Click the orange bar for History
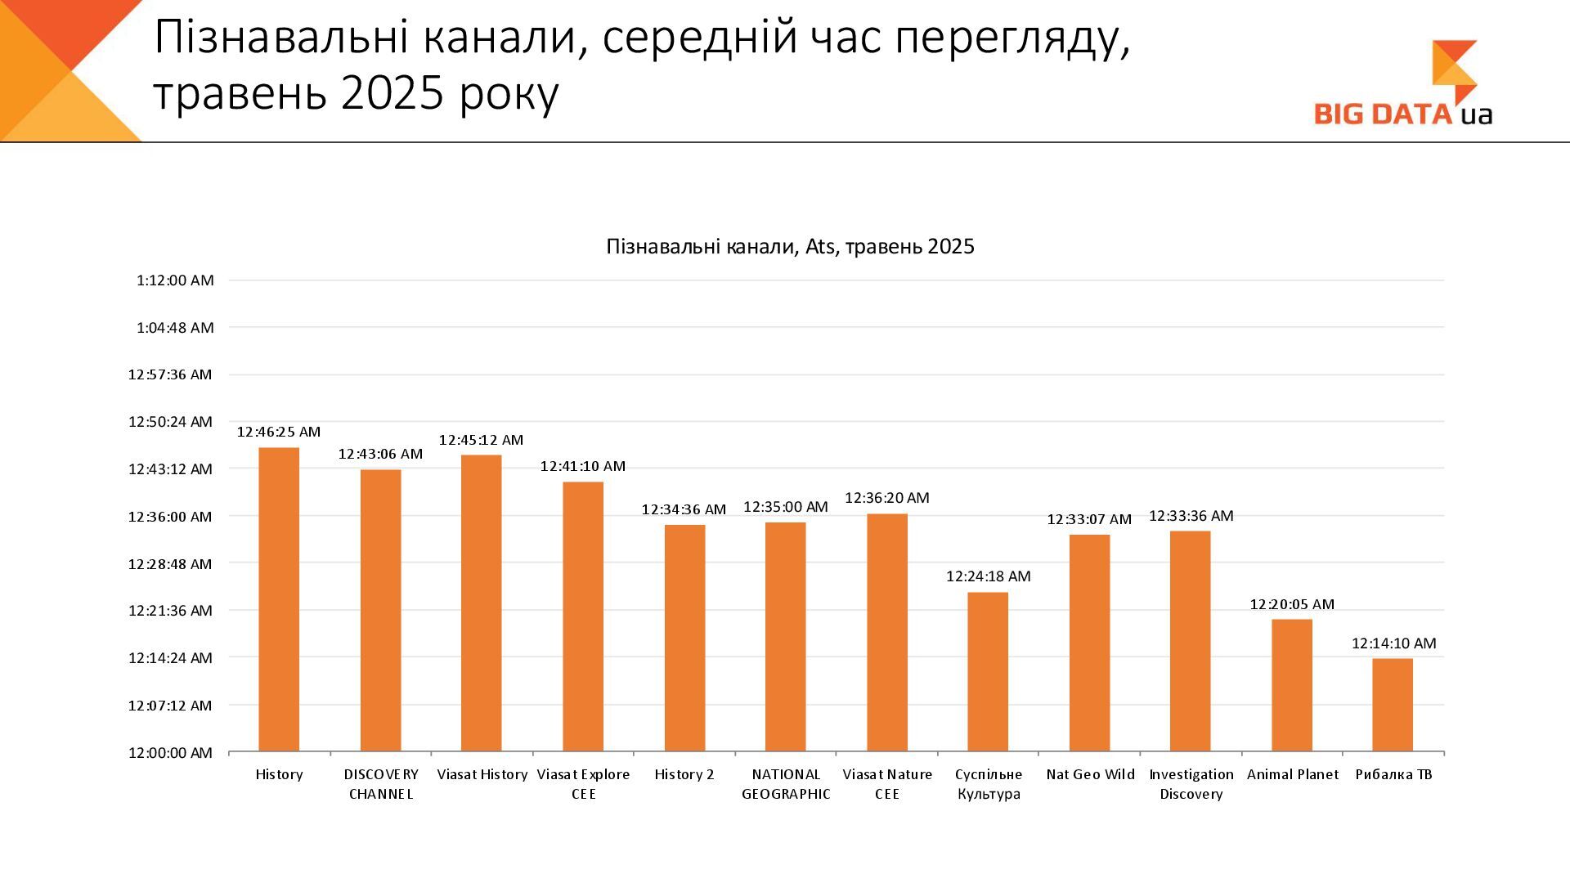(x=279, y=599)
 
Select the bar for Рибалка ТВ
(x=1393, y=705)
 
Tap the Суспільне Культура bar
(x=988, y=671)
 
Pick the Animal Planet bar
(x=1292, y=685)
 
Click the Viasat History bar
(x=482, y=603)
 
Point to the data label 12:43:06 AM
(x=380, y=454)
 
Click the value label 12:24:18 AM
(x=988, y=576)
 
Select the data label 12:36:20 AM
(x=886, y=498)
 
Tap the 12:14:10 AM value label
(x=1393, y=643)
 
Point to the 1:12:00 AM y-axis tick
(x=175, y=280)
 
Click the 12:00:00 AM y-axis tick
(x=170, y=752)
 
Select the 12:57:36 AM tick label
(x=170, y=374)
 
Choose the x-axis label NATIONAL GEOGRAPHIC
(x=786, y=784)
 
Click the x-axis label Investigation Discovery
(x=1191, y=784)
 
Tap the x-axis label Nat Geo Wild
(x=1090, y=774)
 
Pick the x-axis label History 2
(x=684, y=774)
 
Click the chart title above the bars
(x=790, y=247)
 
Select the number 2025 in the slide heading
(x=392, y=93)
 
